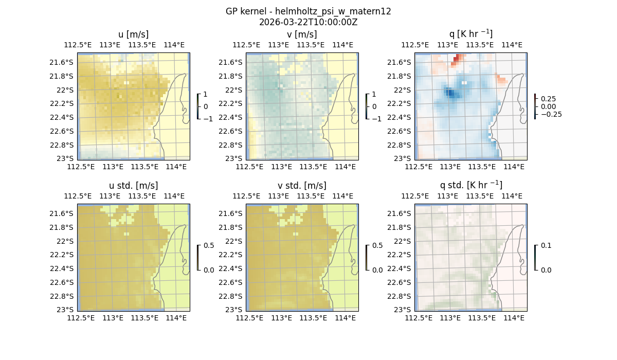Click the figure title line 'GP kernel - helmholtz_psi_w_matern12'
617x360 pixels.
[x=308, y=11]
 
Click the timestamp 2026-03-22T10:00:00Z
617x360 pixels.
[x=308, y=22]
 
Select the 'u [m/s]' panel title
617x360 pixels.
[x=134, y=34]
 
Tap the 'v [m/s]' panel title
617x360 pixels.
[x=302, y=34]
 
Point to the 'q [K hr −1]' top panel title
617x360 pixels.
[x=470, y=34]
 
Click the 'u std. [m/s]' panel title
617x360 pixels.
[x=134, y=186]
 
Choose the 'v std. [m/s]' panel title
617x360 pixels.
[x=302, y=186]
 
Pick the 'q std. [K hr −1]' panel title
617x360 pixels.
[x=470, y=185]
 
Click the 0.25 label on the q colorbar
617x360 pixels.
[x=548, y=99]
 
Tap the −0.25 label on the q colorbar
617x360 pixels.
[x=550, y=114]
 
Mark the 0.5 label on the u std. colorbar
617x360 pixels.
[x=209, y=245]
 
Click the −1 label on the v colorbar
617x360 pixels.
[x=377, y=118]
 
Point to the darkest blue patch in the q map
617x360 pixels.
[x=450, y=93]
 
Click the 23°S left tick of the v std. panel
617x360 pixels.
[x=234, y=310]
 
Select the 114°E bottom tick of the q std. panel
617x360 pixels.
[x=514, y=318]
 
